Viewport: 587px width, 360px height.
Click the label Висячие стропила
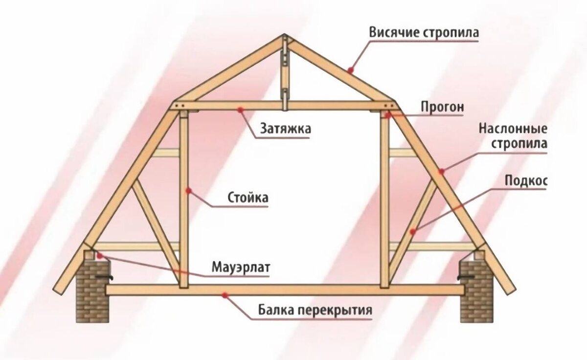(424, 33)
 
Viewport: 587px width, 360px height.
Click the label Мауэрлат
(241, 268)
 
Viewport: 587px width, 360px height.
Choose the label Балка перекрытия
(315, 311)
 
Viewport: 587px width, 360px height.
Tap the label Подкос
(526, 181)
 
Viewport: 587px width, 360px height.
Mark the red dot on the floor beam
(225, 294)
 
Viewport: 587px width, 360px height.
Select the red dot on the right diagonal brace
(414, 230)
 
